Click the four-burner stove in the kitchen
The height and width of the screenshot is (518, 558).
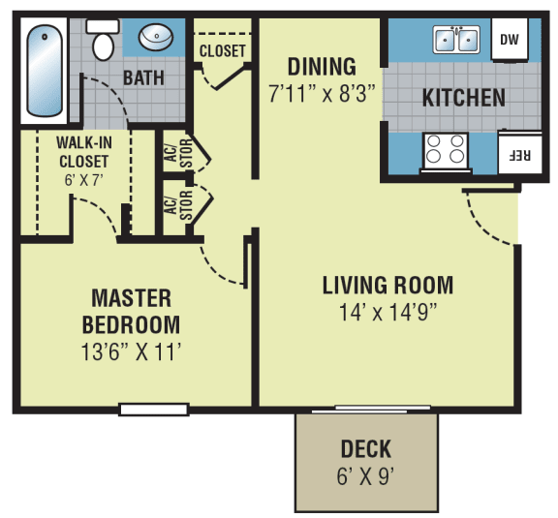click(x=445, y=151)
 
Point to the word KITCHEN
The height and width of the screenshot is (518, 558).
click(x=463, y=98)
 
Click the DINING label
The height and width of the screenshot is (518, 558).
click(x=322, y=67)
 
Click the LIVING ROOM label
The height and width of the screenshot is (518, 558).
click(x=387, y=286)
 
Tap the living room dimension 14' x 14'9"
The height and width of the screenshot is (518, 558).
click(x=387, y=313)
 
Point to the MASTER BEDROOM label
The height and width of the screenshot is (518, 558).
click(x=131, y=311)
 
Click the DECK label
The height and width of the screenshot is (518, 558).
click(x=366, y=449)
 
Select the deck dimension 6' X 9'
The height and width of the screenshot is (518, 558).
click(x=366, y=476)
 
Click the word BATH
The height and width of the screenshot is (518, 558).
click(x=142, y=77)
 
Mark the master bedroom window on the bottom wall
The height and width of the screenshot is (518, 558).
click(x=153, y=409)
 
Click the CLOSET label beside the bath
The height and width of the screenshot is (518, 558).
click(x=223, y=50)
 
